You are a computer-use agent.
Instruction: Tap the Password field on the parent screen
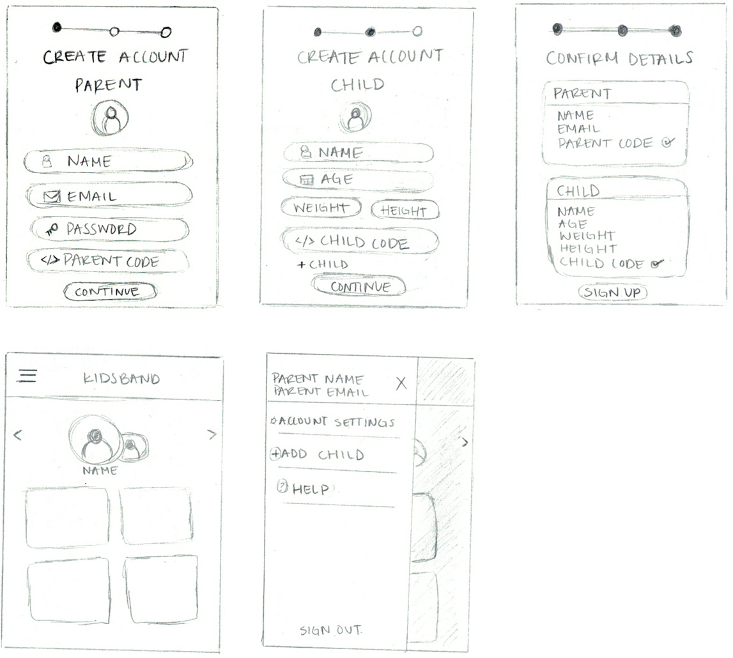point(110,229)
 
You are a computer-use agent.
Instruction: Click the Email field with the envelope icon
point(109,196)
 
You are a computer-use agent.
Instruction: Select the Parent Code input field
point(108,261)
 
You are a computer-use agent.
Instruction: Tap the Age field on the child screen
point(358,180)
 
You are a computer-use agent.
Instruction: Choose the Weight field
point(321,208)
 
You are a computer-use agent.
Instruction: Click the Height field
point(405,210)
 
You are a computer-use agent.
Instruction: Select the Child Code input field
point(360,241)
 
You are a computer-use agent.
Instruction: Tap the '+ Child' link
point(323,264)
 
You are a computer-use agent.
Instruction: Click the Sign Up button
point(613,293)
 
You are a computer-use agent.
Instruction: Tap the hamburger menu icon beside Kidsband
point(27,375)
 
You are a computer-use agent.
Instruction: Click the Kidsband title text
point(121,378)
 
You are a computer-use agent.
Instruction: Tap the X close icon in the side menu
point(401,383)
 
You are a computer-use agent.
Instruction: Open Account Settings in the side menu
point(333,422)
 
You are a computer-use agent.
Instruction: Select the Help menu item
point(303,489)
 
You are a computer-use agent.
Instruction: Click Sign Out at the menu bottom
point(330,631)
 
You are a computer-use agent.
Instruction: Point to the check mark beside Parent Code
point(668,142)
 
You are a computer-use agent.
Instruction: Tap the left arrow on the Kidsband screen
point(18,436)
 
